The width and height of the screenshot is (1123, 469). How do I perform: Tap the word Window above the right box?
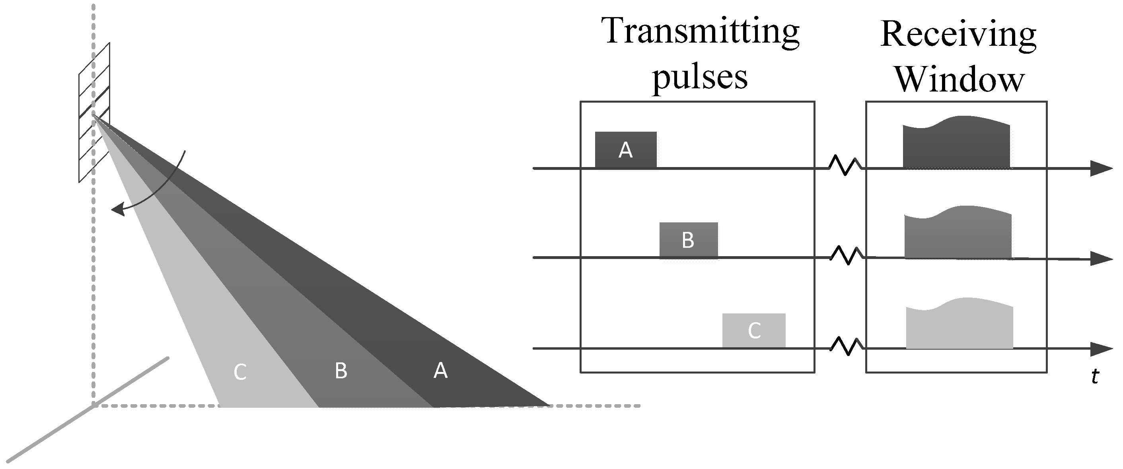[959, 80]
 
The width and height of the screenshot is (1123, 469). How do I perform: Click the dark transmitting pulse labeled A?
[626, 150]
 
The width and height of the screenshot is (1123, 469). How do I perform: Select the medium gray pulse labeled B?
[688, 240]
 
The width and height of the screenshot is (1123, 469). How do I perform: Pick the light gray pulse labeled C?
[754, 331]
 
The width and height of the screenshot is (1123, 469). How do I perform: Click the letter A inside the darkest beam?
[440, 370]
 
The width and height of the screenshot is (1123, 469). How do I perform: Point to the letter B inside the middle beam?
[341, 371]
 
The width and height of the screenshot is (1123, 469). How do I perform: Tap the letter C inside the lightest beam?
[240, 372]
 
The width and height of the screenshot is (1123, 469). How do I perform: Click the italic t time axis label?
[1094, 377]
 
